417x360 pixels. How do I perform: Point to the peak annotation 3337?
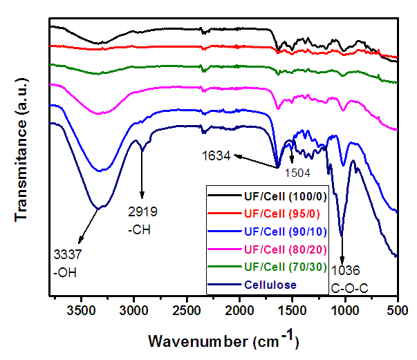[x=66, y=256]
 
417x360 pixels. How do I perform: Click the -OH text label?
[x=65, y=271]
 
